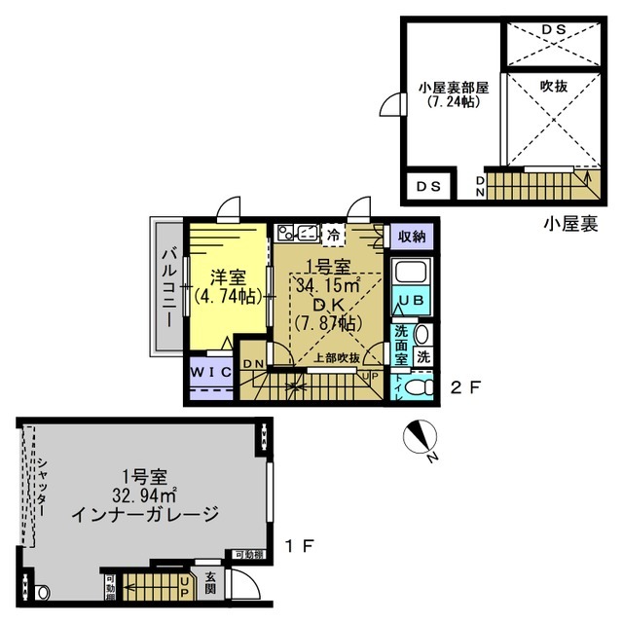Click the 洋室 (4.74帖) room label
tap(231, 285)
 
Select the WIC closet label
tap(210, 372)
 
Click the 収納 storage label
tap(411, 236)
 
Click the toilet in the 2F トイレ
tap(419, 386)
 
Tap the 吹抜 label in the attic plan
tap(553, 86)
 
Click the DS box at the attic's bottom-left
tap(428, 184)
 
